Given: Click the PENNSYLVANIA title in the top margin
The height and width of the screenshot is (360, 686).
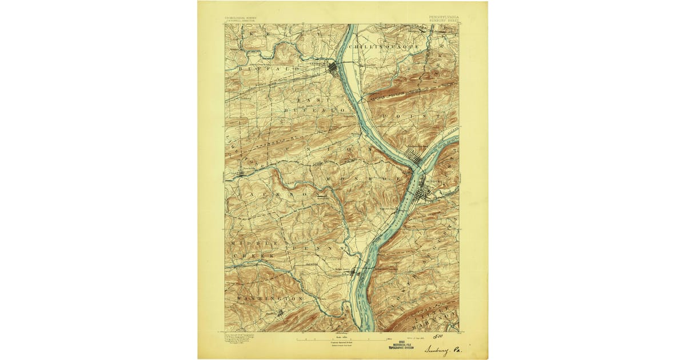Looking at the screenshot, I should [x=443, y=17].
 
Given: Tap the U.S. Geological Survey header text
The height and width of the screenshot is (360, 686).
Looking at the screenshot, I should [x=240, y=18].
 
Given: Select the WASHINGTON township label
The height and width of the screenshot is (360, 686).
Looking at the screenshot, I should [x=268, y=298].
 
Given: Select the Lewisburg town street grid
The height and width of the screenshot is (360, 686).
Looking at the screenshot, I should [x=333, y=69].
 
